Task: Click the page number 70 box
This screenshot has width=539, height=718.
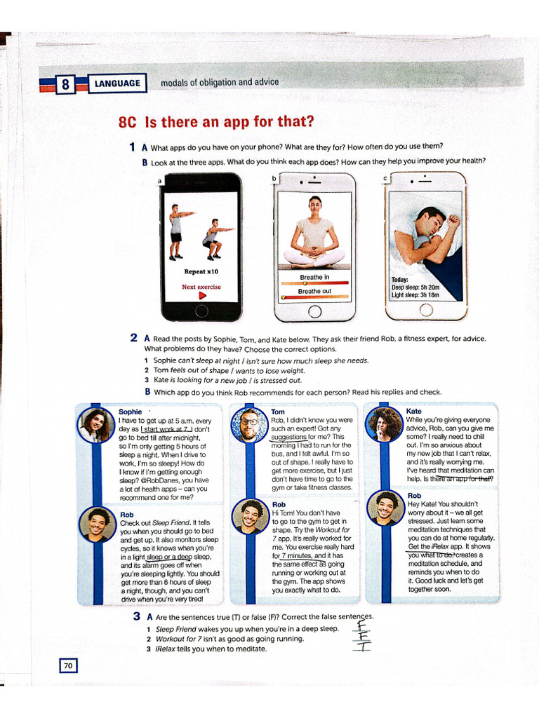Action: pos(69,665)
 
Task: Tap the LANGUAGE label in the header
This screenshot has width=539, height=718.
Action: pos(118,84)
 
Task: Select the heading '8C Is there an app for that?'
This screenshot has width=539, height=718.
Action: pos(216,122)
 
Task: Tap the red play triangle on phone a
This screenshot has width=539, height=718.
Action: pos(202,297)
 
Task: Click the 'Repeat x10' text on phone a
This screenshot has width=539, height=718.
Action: pos(201,271)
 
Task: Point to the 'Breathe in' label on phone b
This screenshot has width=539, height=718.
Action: pos(314,277)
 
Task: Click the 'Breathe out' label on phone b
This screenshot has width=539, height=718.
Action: pos(314,291)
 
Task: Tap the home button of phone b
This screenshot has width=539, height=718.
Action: pos(314,311)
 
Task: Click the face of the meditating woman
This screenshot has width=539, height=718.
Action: pos(315,206)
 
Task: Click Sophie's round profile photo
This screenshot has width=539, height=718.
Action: pos(97,425)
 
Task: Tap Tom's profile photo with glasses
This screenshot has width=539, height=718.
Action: pos(249,425)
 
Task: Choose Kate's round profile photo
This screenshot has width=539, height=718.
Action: pos(384,425)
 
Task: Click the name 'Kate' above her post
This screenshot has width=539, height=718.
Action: pos(414,411)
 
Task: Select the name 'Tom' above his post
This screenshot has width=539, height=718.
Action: pos(278,412)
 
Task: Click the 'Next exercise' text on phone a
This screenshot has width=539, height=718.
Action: pos(201,287)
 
